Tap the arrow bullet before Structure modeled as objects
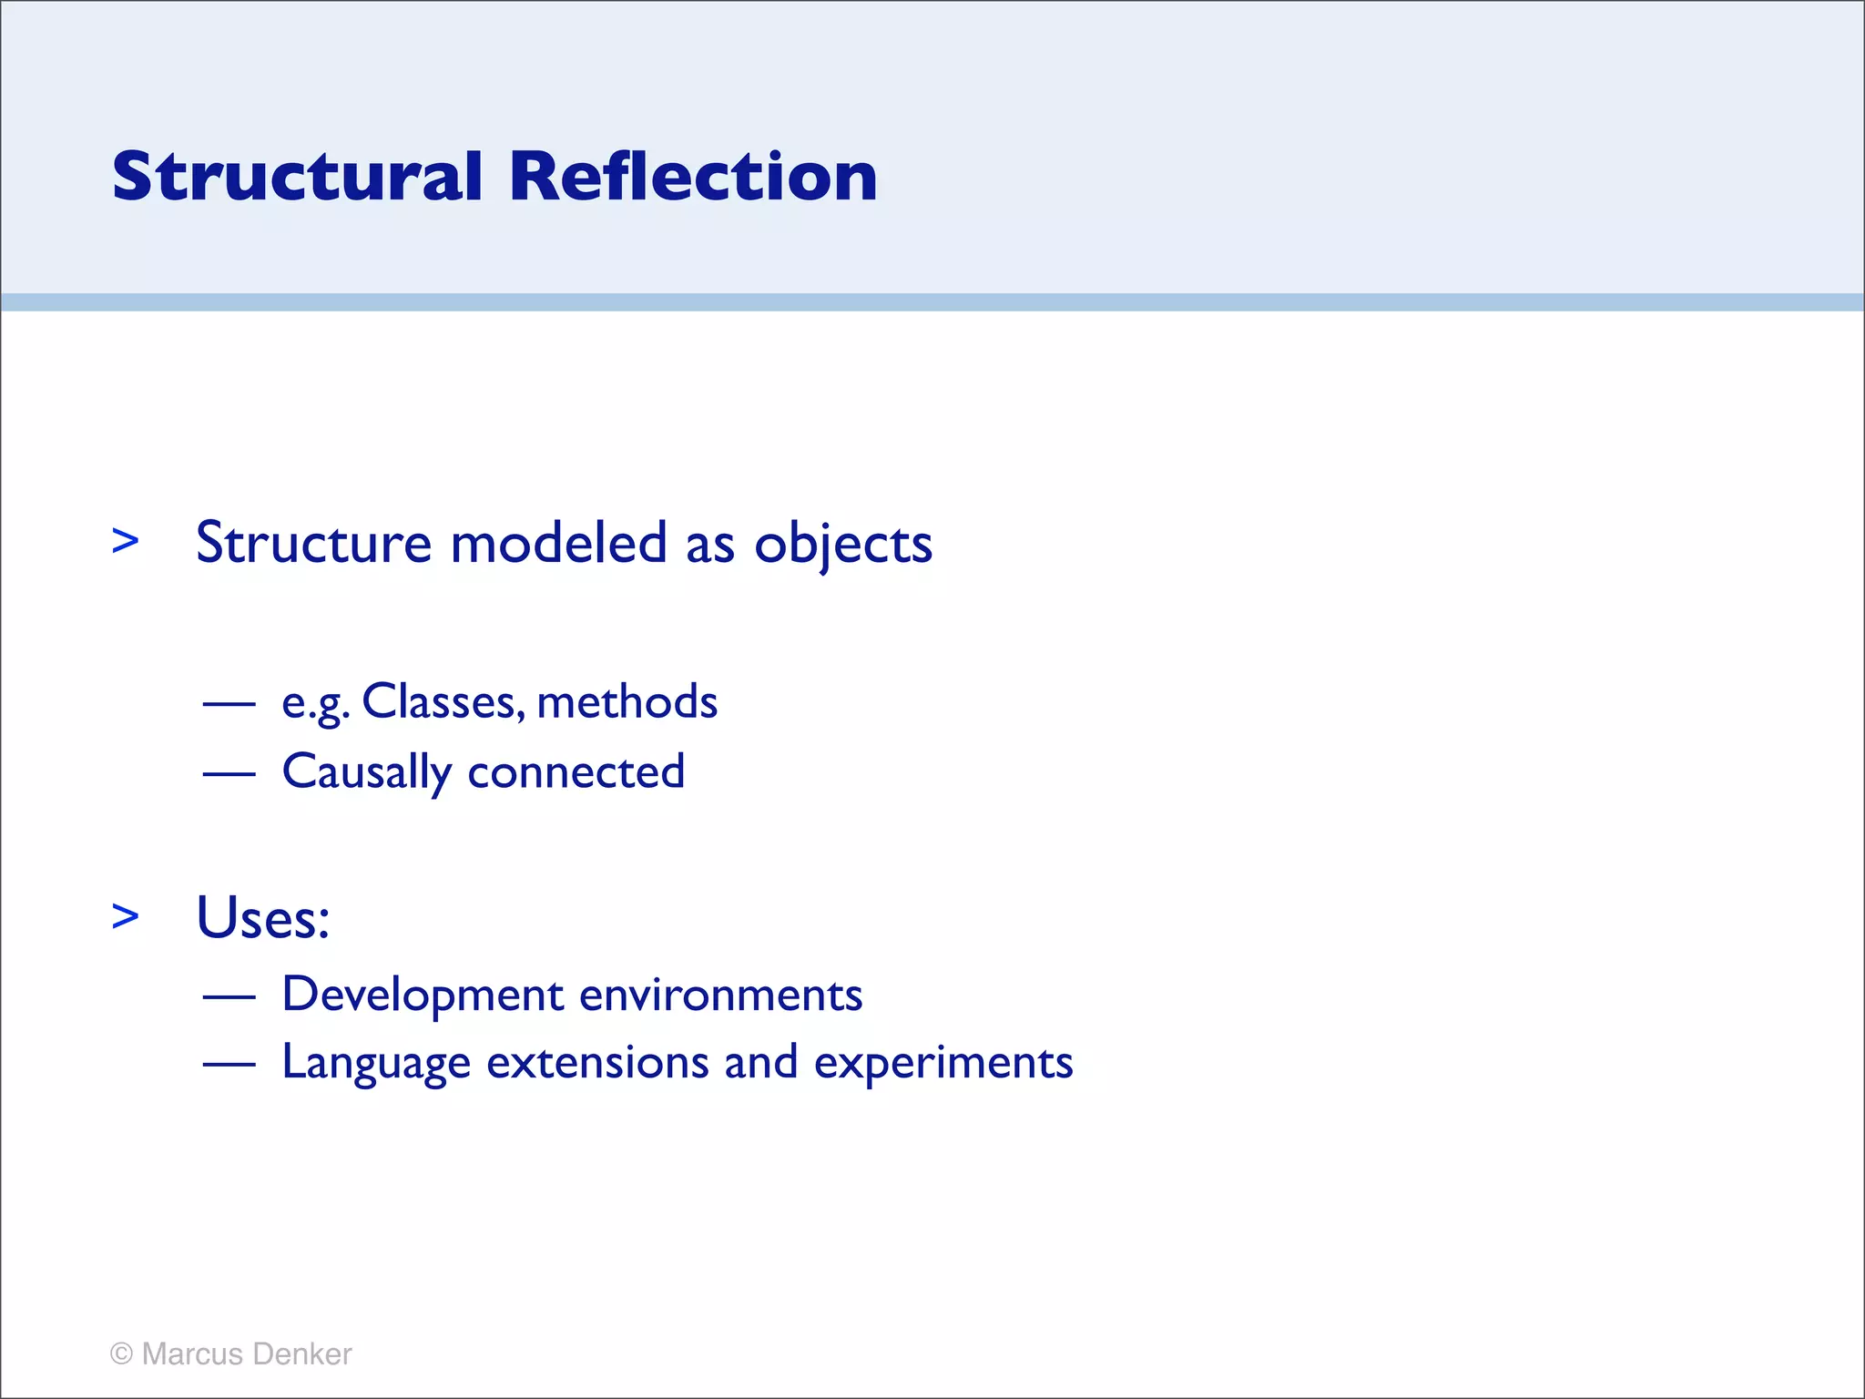click(x=126, y=541)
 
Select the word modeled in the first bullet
click(x=559, y=543)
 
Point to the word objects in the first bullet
click(x=843, y=545)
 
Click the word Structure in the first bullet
click(x=313, y=543)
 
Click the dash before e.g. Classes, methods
click(x=229, y=703)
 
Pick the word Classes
click(x=443, y=702)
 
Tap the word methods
click(x=627, y=702)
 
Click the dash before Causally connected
click(x=229, y=773)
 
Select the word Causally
click(x=366, y=772)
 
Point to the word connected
click(x=576, y=772)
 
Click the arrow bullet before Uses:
click(x=126, y=916)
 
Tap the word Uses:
click(x=262, y=917)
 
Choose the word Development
click(x=423, y=995)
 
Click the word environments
click(x=720, y=995)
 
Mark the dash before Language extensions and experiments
click(x=229, y=1063)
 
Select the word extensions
click(x=597, y=1063)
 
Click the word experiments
click(x=943, y=1064)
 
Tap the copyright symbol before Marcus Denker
click(x=122, y=1353)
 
